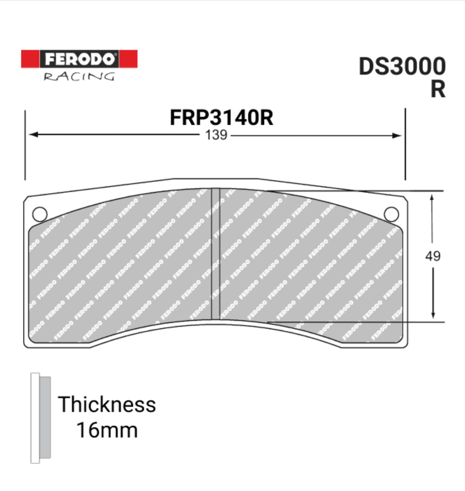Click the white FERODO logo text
[x=79, y=59]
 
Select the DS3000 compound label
[x=402, y=66]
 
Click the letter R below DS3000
[x=438, y=89]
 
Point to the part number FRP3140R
[x=221, y=117]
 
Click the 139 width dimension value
[x=216, y=135]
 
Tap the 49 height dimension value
[x=432, y=256]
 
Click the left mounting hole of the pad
[x=40, y=214]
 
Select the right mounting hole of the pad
[x=391, y=214]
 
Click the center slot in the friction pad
[x=215, y=254]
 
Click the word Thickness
[x=107, y=405]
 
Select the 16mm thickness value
[x=107, y=430]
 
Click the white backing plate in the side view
[x=35, y=418]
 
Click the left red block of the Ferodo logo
[x=30, y=59]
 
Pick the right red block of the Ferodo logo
[x=128, y=59]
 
